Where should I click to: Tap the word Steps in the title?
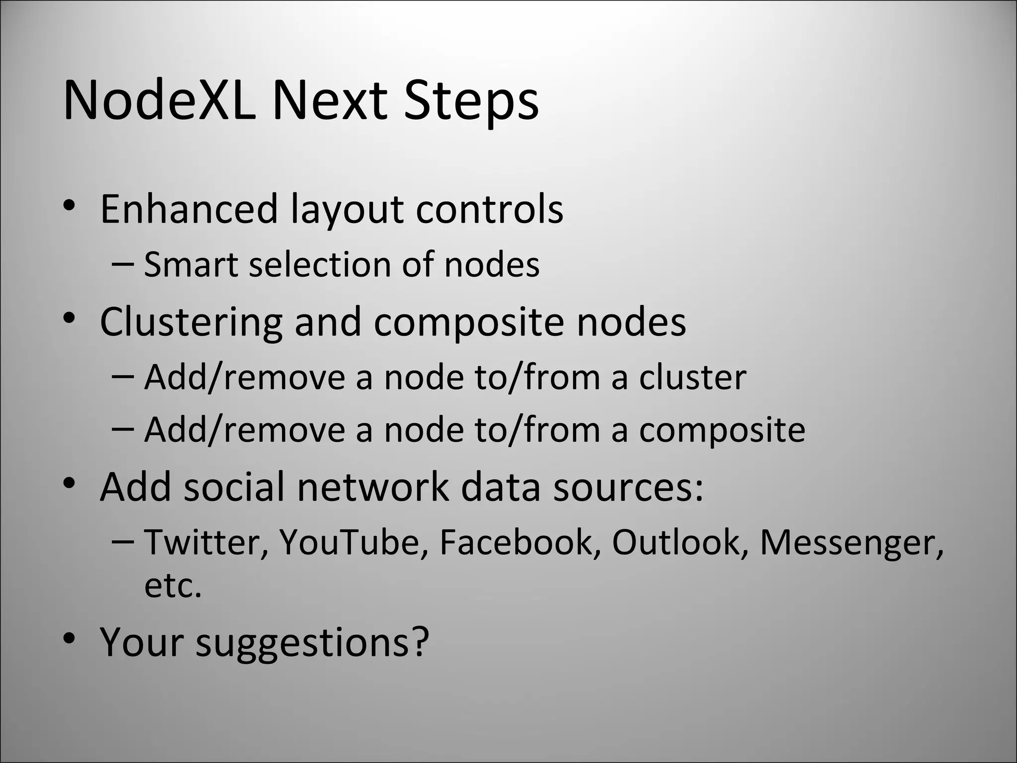coord(471,101)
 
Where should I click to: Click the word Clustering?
coord(191,322)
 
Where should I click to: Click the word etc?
coord(173,586)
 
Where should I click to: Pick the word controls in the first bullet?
coord(489,209)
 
